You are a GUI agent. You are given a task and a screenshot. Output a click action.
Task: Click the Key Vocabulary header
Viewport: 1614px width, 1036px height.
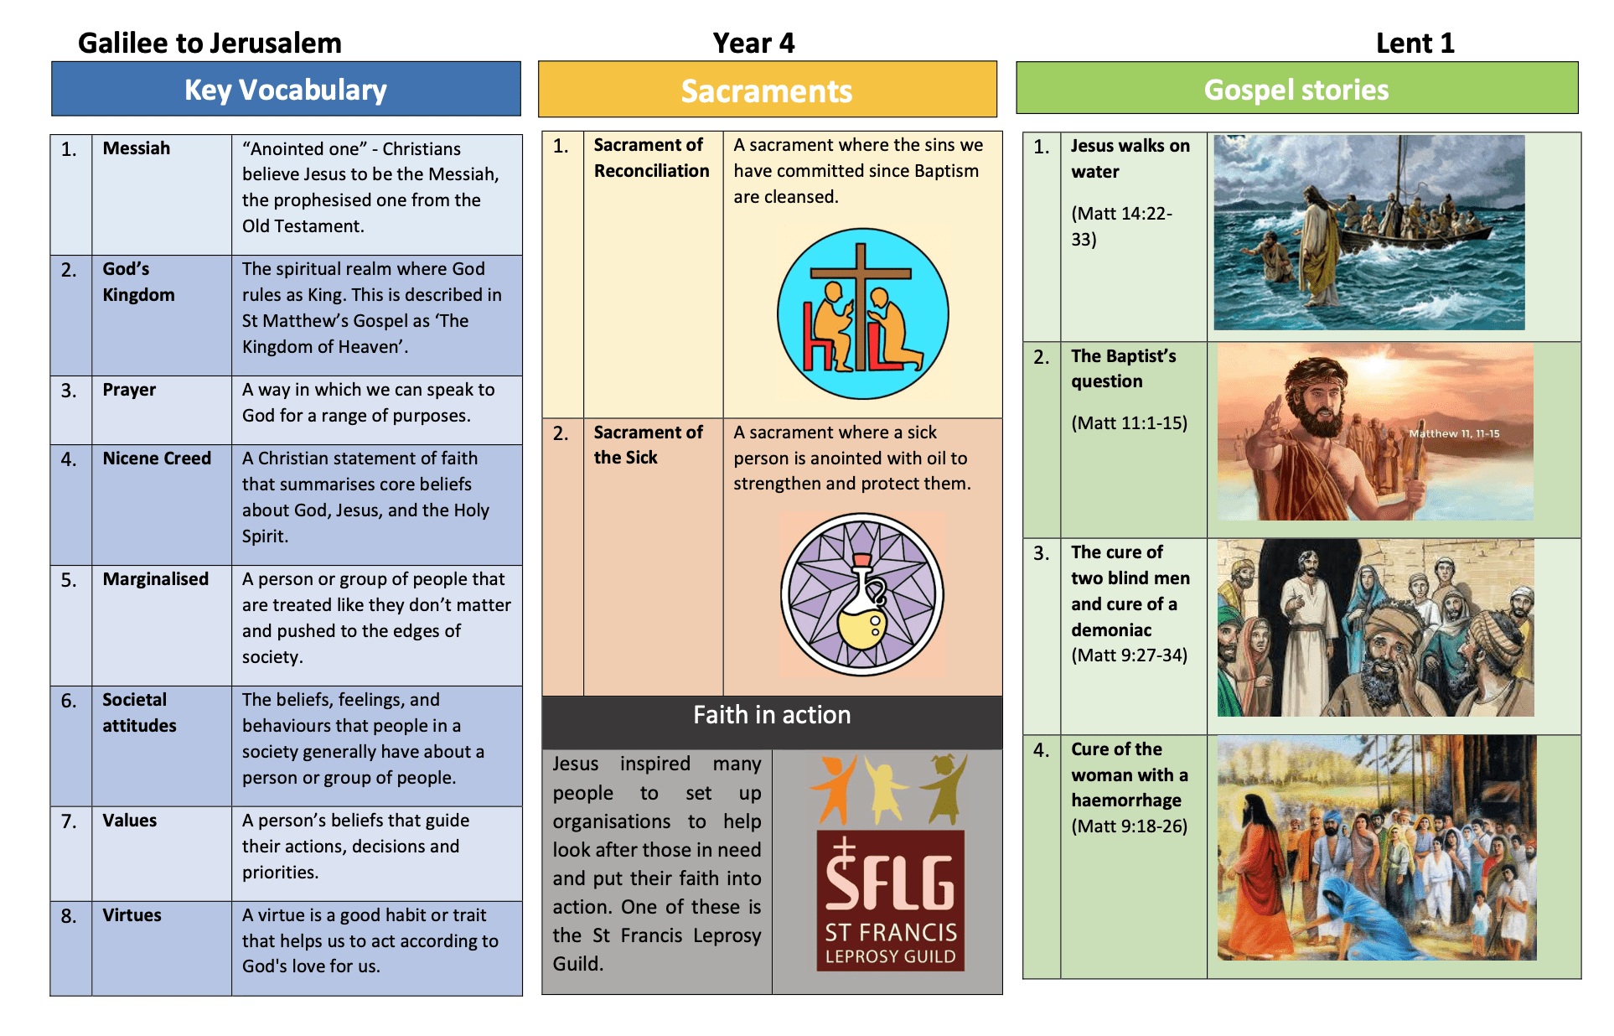coord(286,90)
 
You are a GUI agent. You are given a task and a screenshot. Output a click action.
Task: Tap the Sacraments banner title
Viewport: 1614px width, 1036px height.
coord(766,91)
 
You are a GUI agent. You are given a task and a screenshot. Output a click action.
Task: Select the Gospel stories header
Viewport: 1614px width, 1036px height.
coord(1296,90)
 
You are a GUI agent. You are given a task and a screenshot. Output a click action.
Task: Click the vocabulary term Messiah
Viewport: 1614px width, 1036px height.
coord(137,148)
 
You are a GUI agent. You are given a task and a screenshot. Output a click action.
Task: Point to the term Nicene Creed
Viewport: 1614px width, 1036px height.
coord(157,458)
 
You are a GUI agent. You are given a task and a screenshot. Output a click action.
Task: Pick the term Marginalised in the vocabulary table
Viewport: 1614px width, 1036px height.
coord(155,579)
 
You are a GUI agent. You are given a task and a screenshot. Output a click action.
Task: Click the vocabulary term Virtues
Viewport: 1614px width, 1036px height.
coord(132,915)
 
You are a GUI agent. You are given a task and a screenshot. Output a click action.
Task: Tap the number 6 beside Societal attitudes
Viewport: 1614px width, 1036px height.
coord(69,701)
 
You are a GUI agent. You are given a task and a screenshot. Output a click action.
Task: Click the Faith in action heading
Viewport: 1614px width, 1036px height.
coord(772,715)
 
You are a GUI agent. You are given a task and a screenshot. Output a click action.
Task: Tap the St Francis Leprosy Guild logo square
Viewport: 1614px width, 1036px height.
coord(890,900)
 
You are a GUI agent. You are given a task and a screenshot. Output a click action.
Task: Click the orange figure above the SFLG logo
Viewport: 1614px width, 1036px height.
coord(833,788)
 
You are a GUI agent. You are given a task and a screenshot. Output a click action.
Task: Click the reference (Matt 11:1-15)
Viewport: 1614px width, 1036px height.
coord(1129,423)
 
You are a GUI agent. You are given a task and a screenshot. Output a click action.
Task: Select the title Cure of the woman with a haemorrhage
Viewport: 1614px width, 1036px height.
coord(1129,774)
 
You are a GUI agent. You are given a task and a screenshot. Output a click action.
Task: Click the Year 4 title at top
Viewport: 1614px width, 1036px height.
coord(753,43)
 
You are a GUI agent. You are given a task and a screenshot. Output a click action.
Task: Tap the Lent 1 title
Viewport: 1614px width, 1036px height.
coord(1415,43)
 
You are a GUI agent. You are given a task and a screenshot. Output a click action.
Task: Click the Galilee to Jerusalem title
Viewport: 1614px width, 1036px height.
coord(210,43)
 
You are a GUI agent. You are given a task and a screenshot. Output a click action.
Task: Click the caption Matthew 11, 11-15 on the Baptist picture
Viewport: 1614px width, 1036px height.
coord(1454,433)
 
